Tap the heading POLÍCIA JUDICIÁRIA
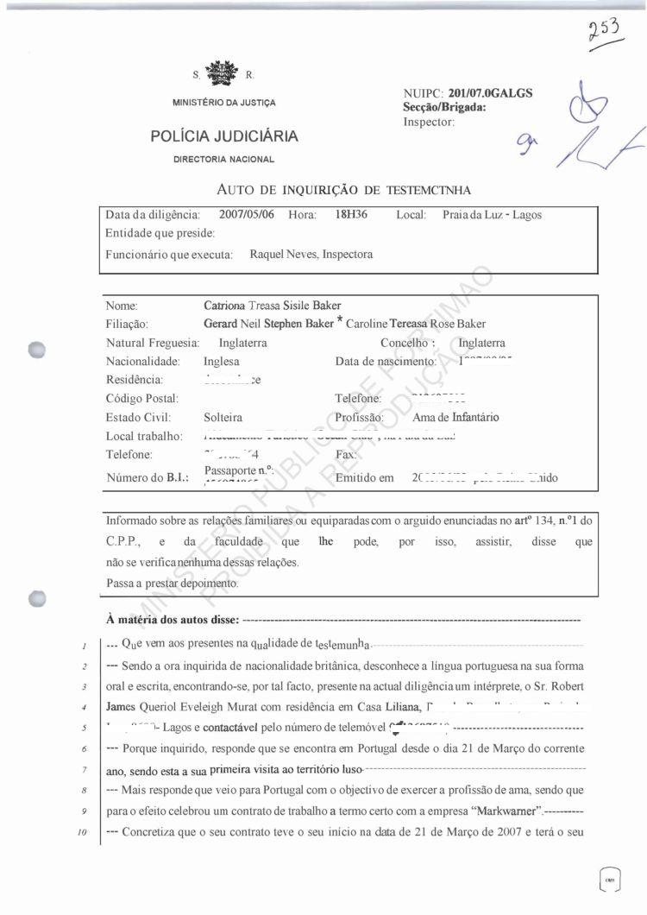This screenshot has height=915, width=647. click(x=224, y=136)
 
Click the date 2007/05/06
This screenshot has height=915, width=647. click(x=247, y=214)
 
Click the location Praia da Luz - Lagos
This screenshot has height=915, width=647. click(x=492, y=215)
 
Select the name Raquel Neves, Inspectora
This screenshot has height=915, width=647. click(x=311, y=255)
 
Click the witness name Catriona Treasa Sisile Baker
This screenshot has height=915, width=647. click(x=272, y=306)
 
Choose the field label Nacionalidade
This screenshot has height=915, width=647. click(x=142, y=361)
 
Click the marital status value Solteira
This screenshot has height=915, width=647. click(x=223, y=417)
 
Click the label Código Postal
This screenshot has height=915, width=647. click(x=141, y=398)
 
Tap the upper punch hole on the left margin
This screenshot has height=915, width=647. click(x=36, y=350)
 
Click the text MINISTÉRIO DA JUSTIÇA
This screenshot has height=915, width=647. click(x=224, y=104)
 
